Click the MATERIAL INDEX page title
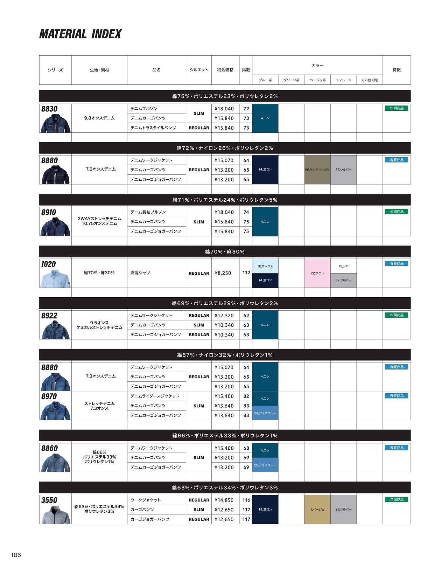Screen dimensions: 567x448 (80, 34)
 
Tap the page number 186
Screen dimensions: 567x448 (16, 555)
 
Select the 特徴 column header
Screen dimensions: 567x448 (397, 70)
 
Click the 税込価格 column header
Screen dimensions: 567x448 (225, 70)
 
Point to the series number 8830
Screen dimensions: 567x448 (49, 109)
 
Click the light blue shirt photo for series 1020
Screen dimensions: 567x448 (55, 279)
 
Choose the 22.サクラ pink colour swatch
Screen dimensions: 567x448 (317, 273)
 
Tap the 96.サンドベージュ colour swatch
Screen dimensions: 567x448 (317, 170)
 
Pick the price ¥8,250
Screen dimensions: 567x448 (223, 273)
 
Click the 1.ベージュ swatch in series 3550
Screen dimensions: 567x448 (317, 510)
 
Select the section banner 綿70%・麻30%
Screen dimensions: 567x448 (225, 252)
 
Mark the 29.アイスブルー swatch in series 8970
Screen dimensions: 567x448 (265, 413)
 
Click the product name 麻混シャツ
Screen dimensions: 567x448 (140, 273)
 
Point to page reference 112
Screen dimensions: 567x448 (246, 273)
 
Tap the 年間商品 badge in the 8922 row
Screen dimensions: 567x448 (397, 315)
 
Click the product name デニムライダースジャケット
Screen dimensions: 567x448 (155, 396)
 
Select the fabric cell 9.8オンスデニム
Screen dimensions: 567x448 (99, 118)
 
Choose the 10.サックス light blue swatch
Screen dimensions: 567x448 (265, 266)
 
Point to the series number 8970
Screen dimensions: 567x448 (49, 396)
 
